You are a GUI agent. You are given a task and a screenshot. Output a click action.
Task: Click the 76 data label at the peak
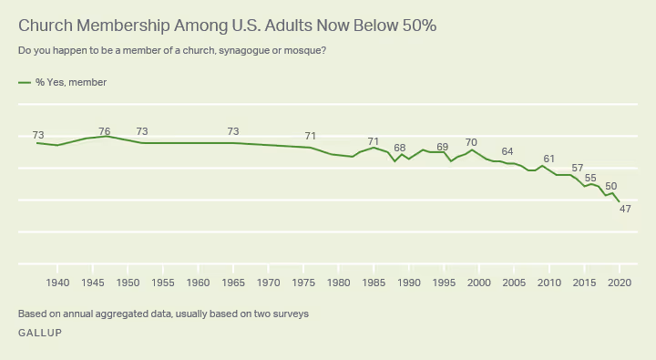[105, 131]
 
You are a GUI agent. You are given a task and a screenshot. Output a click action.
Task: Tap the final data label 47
[625, 209]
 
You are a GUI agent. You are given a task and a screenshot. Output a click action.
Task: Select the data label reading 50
[611, 186]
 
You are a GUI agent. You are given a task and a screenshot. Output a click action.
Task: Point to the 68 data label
[399, 148]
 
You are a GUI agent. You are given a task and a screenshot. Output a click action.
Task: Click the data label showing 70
[471, 143]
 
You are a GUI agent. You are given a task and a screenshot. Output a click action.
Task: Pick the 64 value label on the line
[507, 151]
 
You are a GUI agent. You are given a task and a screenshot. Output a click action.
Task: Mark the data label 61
[548, 159]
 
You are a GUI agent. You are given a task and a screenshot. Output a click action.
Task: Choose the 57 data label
[577, 169]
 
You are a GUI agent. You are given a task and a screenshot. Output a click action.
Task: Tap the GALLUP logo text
[40, 333]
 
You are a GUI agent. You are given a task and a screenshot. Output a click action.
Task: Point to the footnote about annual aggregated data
[163, 314]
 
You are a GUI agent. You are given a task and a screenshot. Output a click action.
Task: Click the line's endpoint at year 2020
[620, 201]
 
